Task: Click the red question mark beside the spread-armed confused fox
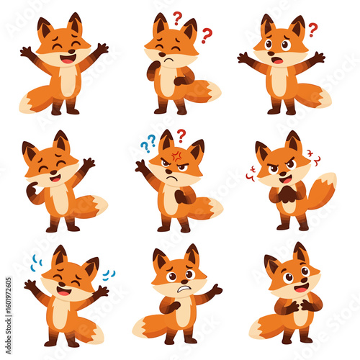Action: [312, 30]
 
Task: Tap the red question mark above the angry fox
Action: [181, 135]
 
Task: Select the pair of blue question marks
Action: [148, 143]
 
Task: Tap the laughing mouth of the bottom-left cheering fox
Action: [63, 291]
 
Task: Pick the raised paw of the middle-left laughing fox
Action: [89, 163]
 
